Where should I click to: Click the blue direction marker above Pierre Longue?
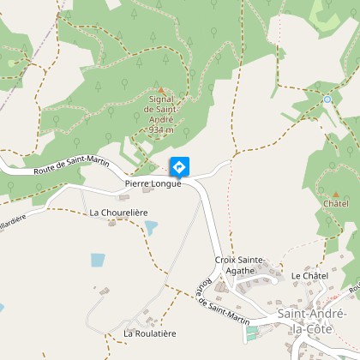click(x=179, y=166)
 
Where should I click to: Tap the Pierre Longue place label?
click(x=153, y=183)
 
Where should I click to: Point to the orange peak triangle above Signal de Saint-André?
click(x=159, y=88)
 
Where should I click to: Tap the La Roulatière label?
click(x=149, y=333)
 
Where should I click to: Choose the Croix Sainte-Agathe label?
click(x=235, y=264)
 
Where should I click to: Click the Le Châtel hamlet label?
click(x=309, y=275)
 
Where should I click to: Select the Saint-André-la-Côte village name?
click(x=312, y=321)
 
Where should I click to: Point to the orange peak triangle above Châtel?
click(x=336, y=194)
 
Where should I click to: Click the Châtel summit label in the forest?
click(x=336, y=204)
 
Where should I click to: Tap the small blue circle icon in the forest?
click(x=327, y=99)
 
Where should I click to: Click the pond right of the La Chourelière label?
click(x=152, y=228)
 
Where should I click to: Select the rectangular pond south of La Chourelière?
click(x=98, y=260)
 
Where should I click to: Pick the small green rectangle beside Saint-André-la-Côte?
click(x=252, y=330)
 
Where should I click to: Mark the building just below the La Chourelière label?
click(x=111, y=222)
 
